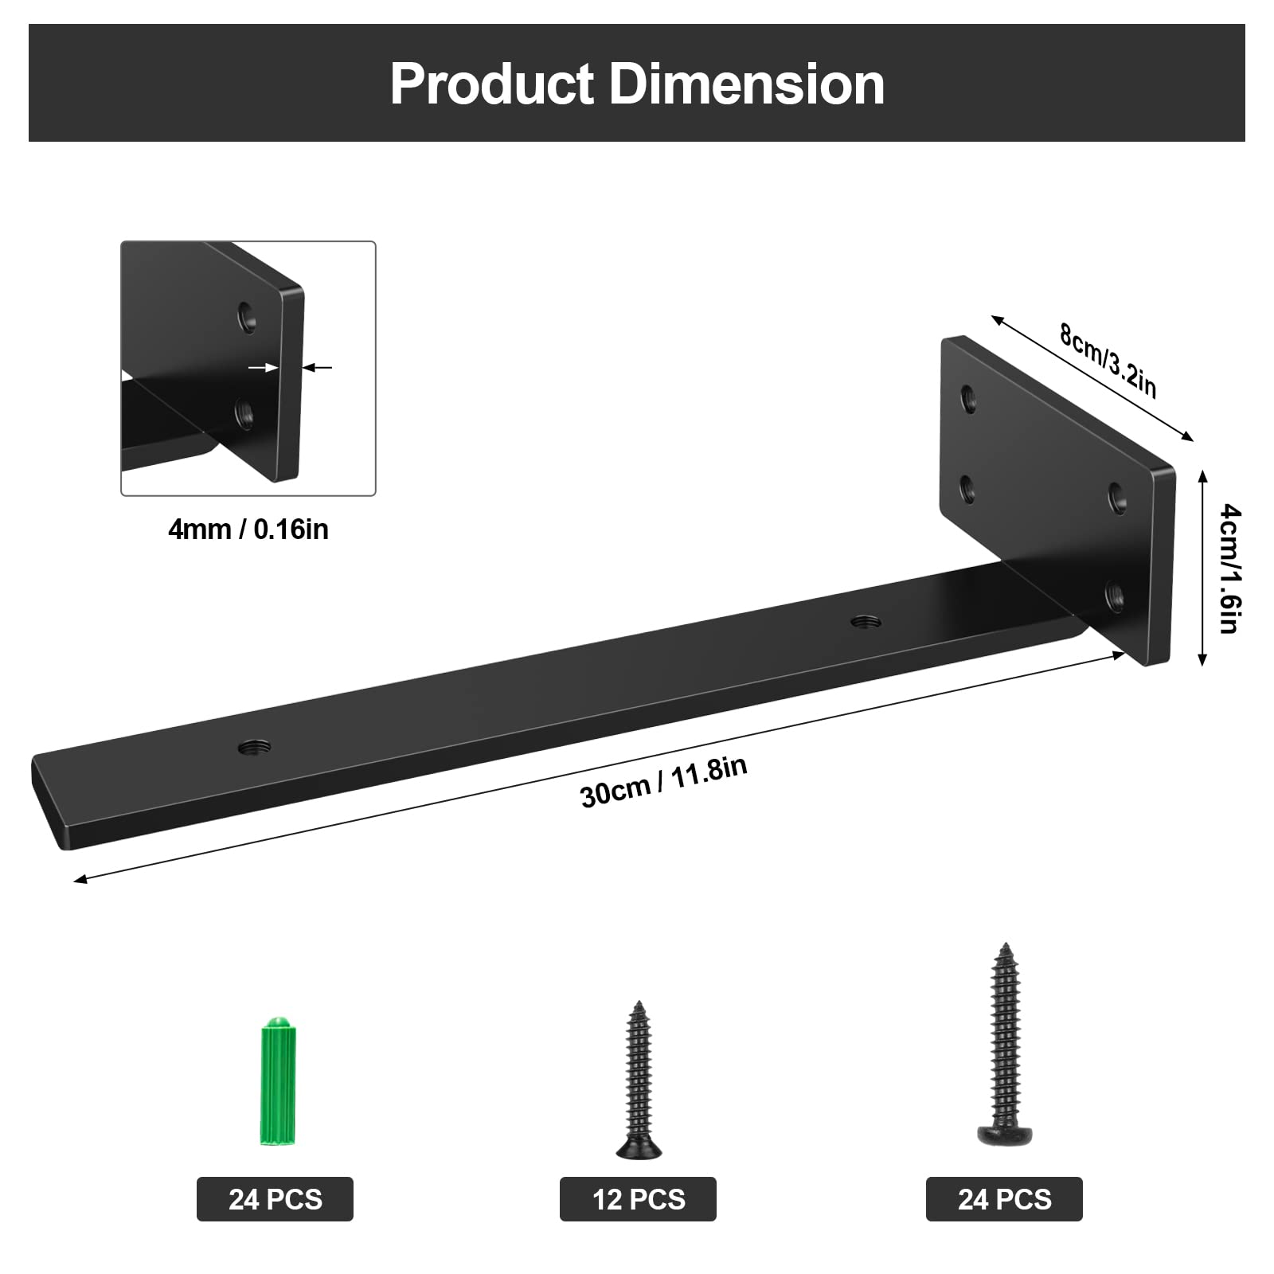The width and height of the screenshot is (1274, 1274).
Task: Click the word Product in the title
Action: tap(492, 84)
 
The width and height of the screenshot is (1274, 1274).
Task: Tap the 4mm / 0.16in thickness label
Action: tap(248, 530)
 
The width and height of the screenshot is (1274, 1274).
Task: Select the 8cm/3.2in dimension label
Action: tap(1107, 361)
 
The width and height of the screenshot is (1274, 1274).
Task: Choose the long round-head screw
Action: tap(1004, 1044)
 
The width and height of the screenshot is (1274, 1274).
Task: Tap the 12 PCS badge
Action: tap(638, 1199)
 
